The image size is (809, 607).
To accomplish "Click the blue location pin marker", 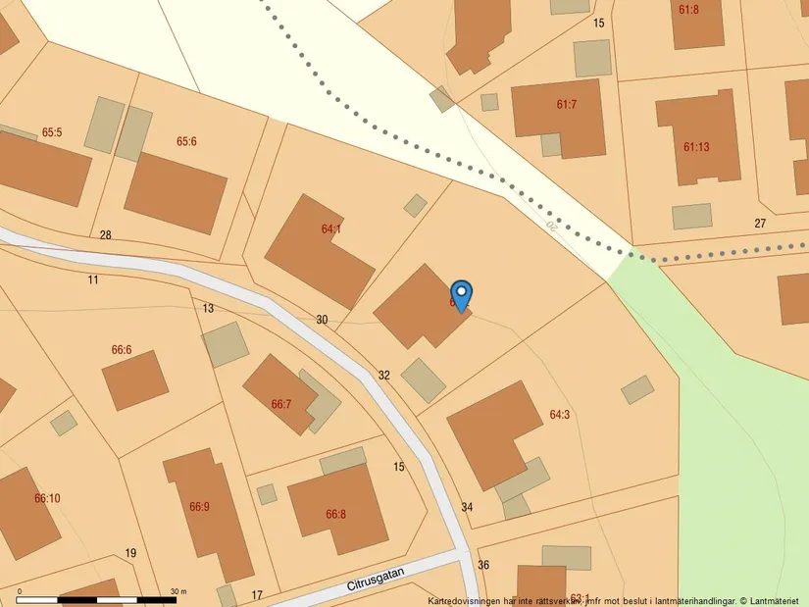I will [x=461, y=295].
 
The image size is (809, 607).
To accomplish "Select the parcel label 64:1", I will [x=331, y=229].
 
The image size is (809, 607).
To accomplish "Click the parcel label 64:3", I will [x=559, y=415].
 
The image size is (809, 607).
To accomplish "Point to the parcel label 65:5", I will [x=52, y=132].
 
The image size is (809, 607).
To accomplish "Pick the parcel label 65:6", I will [x=186, y=141].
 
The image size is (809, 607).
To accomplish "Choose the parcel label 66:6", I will [x=122, y=350].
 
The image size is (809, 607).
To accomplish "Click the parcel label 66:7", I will [x=281, y=404].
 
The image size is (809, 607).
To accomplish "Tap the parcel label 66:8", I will [x=335, y=514].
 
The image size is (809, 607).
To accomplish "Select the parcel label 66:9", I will [x=199, y=507].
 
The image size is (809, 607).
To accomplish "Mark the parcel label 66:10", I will [x=47, y=498].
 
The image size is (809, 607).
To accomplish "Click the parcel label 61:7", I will [x=567, y=104].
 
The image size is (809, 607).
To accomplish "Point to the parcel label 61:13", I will [x=696, y=147].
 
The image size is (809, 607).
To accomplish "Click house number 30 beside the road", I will [x=322, y=320].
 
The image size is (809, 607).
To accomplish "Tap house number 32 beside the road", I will [x=384, y=375].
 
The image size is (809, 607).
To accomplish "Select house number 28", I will [x=106, y=234].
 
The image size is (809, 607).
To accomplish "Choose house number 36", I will [x=482, y=565].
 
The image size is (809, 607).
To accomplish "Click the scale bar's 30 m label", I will [x=178, y=591].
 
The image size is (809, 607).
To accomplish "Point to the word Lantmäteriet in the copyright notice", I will [x=778, y=600].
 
